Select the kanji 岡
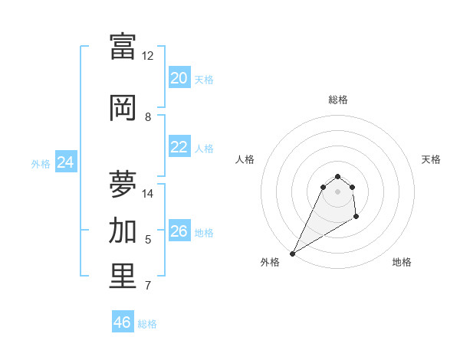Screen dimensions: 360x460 pyautogui.click(x=123, y=108)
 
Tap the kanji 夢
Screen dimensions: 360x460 pyautogui.click(x=123, y=185)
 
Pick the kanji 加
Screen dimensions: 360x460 pyautogui.click(x=123, y=231)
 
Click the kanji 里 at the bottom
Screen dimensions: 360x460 pyautogui.click(x=123, y=277)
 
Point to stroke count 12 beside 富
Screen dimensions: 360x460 pyautogui.click(x=148, y=56)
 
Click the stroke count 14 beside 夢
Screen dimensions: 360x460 pyautogui.click(x=148, y=194)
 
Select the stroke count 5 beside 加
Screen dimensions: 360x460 pyautogui.click(x=148, y=240)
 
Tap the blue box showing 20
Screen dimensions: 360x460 pyautogui.click(x=179, y=78)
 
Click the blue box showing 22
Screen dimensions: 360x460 pyautogui.click(x=179, y=147)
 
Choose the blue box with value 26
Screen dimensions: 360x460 pyautogui.click(x=179, y=231)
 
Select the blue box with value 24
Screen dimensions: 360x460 pyautogui.click(x=66, y=162)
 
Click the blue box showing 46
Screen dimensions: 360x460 pyautogui.click(x=123, y=322)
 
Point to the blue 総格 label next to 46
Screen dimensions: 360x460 pyautogui.click(x=147, y=324)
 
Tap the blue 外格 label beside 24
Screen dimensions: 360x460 pyautogui.click(x=41, y=163)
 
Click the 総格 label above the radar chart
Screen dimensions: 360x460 pyautogui.click(x=337, y=100)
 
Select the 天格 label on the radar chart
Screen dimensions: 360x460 pyautogui.click(x=432, y=159)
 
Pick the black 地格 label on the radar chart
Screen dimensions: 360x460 pyautogui.click(x=402, y=262)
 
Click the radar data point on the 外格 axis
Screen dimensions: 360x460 pyautogui.click(x=292, y=253)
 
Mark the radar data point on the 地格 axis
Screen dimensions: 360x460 pyautogui.click(x=356, y=218)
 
